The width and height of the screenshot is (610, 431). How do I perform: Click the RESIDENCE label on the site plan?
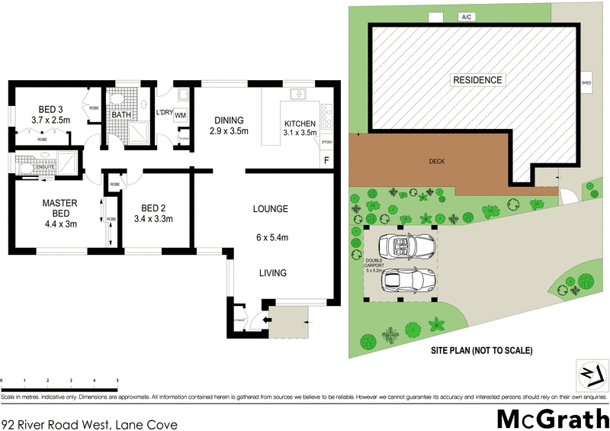coord(478,80)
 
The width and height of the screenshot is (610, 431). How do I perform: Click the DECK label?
coord(436,162)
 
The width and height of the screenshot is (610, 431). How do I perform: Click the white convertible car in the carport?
coord(410,246)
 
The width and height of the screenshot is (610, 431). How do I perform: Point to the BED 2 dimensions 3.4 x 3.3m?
coord(152,219)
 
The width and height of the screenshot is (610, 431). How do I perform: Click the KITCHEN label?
coord(300,124)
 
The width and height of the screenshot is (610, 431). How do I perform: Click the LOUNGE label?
coord(271,208)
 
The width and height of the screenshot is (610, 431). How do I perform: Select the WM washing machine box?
coord(181,115)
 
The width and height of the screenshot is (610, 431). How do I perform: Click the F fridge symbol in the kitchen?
coord(327,160)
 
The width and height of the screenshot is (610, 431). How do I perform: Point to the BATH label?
coord(120,115)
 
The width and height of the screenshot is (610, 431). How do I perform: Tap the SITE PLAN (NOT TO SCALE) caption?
coord(480,351)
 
